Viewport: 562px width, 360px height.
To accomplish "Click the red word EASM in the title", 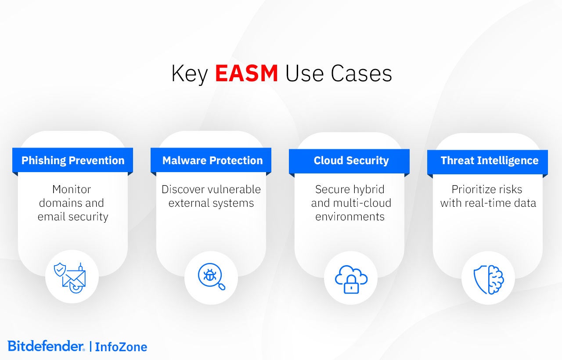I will click(x=246, y=74).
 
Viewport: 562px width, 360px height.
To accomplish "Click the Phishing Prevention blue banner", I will click(x=73, y=161).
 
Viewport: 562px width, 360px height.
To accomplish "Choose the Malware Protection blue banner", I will click(x=213, y=161).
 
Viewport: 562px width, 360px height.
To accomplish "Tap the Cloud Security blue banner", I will click(x=351, y=161).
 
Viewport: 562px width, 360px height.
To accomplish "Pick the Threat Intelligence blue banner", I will click(x=489, y=161).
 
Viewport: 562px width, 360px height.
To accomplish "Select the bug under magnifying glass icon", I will click(x=211, y=277).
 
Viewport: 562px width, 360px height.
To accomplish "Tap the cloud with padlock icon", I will click(x=351, y=278).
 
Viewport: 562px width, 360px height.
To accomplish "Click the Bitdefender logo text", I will click(x=46, y=346).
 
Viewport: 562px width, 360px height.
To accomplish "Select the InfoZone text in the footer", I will click(x=121, y=347).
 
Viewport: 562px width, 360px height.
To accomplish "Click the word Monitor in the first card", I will click(x=72, y=190).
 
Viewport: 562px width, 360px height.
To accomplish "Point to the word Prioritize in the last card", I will click(x=474, y=190).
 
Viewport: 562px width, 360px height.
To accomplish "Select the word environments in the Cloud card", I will click(x=350, y=217).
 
